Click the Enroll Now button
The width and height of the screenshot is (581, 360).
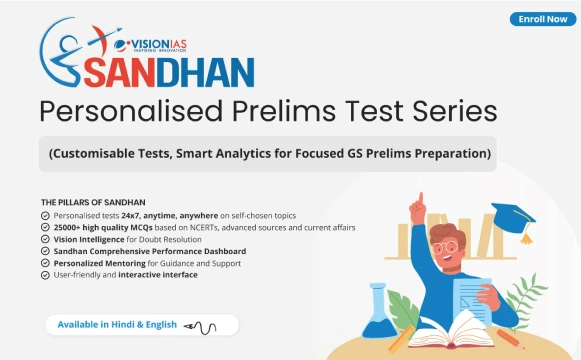click(x=540, y=19)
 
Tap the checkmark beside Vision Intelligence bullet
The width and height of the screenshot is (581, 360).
click(x=46, y=239)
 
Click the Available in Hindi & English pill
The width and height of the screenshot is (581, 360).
click(x=140, y=324)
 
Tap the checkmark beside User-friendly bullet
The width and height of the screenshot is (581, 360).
click(x=46, y=274)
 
